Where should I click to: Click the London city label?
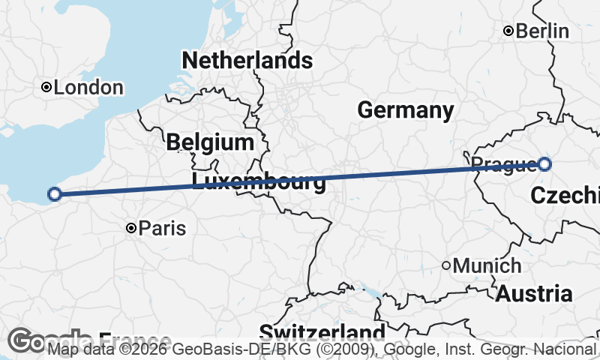coord(89,88)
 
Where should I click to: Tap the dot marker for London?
coord(46,88)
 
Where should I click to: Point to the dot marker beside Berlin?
coord(508,31)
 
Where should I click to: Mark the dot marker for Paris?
coord(131,227)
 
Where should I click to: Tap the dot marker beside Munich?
coord(446,265)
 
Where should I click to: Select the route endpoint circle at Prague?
coord(544,164)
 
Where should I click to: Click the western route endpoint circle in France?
coord(54,194)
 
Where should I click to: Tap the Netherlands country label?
coord(247,59)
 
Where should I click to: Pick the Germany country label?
coord(406,110)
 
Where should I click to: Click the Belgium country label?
coord(210,141)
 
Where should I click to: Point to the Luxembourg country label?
coord(259,181)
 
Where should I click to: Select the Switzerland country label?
coord(322,332)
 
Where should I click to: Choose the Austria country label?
coord(535,293)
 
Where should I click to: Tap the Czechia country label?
coord(565,196)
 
